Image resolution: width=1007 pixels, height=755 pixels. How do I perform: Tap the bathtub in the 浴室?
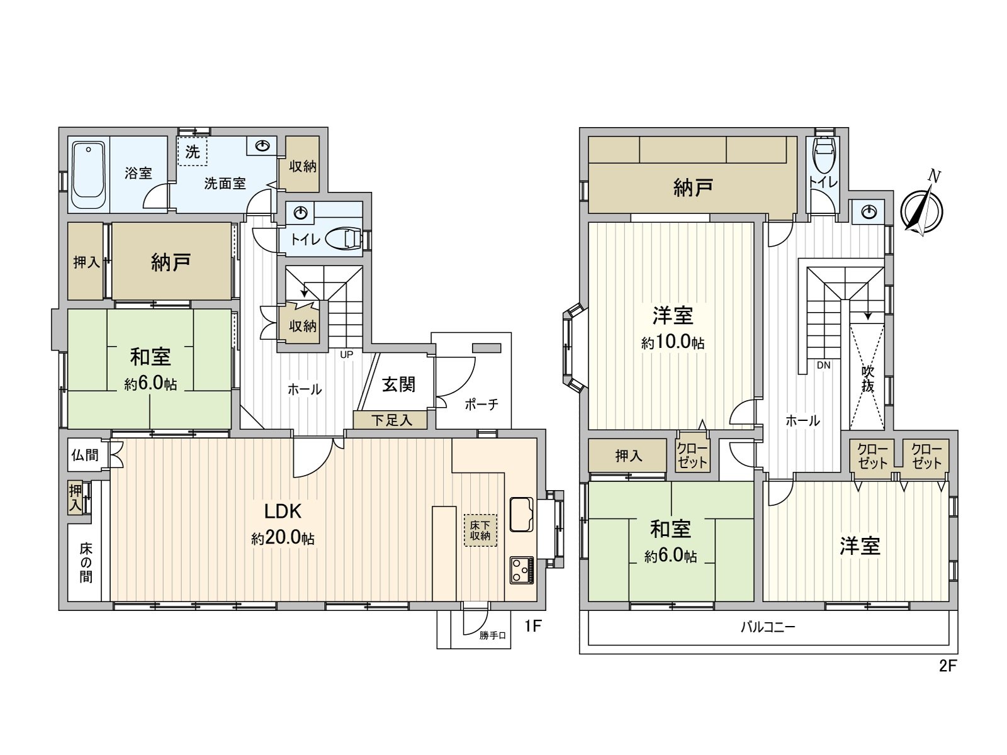click(88, 175)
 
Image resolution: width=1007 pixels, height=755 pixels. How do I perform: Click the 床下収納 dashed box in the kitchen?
click(480, 530)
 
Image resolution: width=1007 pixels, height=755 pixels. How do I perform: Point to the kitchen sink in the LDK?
click(521, 514)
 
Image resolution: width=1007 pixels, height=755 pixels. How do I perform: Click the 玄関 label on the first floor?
click(399, 384)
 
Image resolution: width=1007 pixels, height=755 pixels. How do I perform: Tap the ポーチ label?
click(481, 404)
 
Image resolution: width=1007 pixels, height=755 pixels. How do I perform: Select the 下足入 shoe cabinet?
click(391, 420)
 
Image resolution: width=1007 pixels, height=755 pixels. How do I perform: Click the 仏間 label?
click(85, 455)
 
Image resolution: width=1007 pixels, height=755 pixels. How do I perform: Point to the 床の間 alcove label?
click(86, 562)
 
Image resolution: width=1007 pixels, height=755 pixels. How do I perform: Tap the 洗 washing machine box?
click(192, 151)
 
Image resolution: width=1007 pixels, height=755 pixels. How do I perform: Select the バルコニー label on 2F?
click(767, 627)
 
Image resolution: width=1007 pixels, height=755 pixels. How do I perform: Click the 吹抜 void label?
click(868, 378)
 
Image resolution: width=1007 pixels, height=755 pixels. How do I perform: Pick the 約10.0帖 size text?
click(673, 343)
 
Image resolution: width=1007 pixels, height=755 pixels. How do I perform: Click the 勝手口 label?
click(492, 635)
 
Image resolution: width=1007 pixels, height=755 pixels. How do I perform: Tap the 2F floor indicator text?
click(947, 666)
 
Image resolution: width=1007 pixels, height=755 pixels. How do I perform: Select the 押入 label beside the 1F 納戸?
click(86, 262)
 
